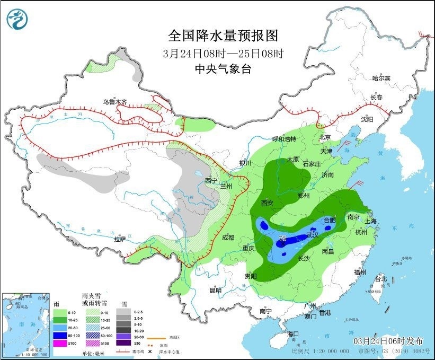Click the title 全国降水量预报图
(x=223, y=36)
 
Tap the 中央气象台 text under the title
(x=223, y=68)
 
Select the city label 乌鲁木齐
(x=115, y=102)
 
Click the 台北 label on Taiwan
(x=381, y=278)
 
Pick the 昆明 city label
(x=216, y=290)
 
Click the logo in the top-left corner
(x=17, y=20)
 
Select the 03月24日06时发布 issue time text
(x=386, y=340)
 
